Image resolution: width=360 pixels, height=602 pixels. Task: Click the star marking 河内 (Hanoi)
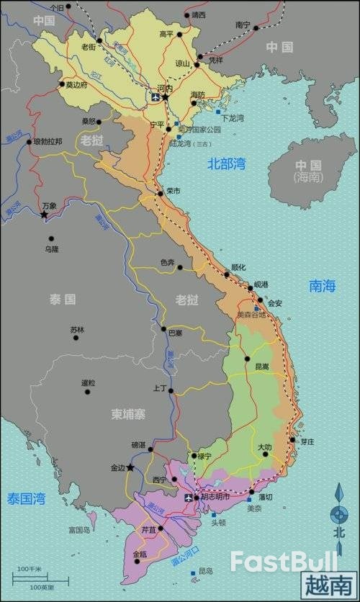(x=166, y=96)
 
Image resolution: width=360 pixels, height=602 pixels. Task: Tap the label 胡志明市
(x=215, y=497)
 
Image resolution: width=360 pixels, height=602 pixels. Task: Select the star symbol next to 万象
(x=44, y=215)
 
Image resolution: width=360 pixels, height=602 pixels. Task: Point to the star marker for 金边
(x=130, y=467)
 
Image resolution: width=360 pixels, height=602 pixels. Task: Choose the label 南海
(x=323, y=286)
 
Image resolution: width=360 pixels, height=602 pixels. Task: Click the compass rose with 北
(x=338, y=515)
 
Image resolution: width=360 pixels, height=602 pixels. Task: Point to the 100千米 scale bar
(x=30, y=574)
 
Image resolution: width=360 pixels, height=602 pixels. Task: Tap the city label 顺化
(x=238, y=267)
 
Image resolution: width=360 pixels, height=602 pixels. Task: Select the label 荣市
(x=173, y=191)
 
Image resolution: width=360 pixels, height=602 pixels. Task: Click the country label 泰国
(x=63, y=298)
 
